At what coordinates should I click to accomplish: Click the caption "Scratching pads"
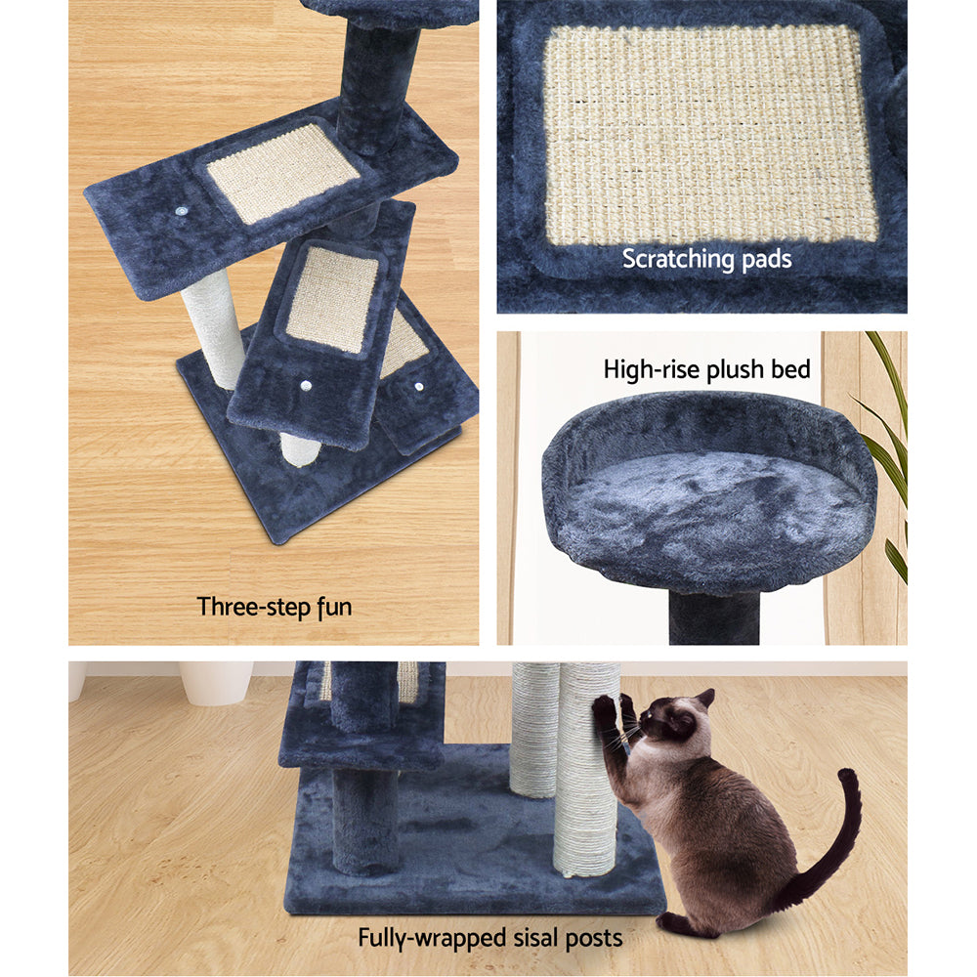pyautogui.click(x=706, y=260)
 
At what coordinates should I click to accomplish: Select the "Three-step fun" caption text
pyautogui.click(x=275, y=607)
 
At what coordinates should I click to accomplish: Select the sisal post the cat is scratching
pyautogui.click(x=586, y=782)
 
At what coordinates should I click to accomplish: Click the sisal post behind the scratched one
pyautogui.click(x=533, y=728)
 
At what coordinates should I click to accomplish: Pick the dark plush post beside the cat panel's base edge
pyautogui.click(x=363, y=821)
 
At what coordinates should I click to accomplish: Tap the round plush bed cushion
pyautogui.click(x=708, y=498)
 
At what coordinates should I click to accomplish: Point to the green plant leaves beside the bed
pyautogui.click(x=888, y=440)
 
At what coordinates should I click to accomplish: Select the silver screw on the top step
pyautogui.click(x=183, y=210)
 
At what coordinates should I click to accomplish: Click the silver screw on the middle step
pyautogui.click(x=306, y=387)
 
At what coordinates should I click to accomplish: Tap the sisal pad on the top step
pyautogui.click(x=283, y=171)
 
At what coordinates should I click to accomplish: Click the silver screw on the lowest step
pyautogui.click(x=419, y=387)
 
